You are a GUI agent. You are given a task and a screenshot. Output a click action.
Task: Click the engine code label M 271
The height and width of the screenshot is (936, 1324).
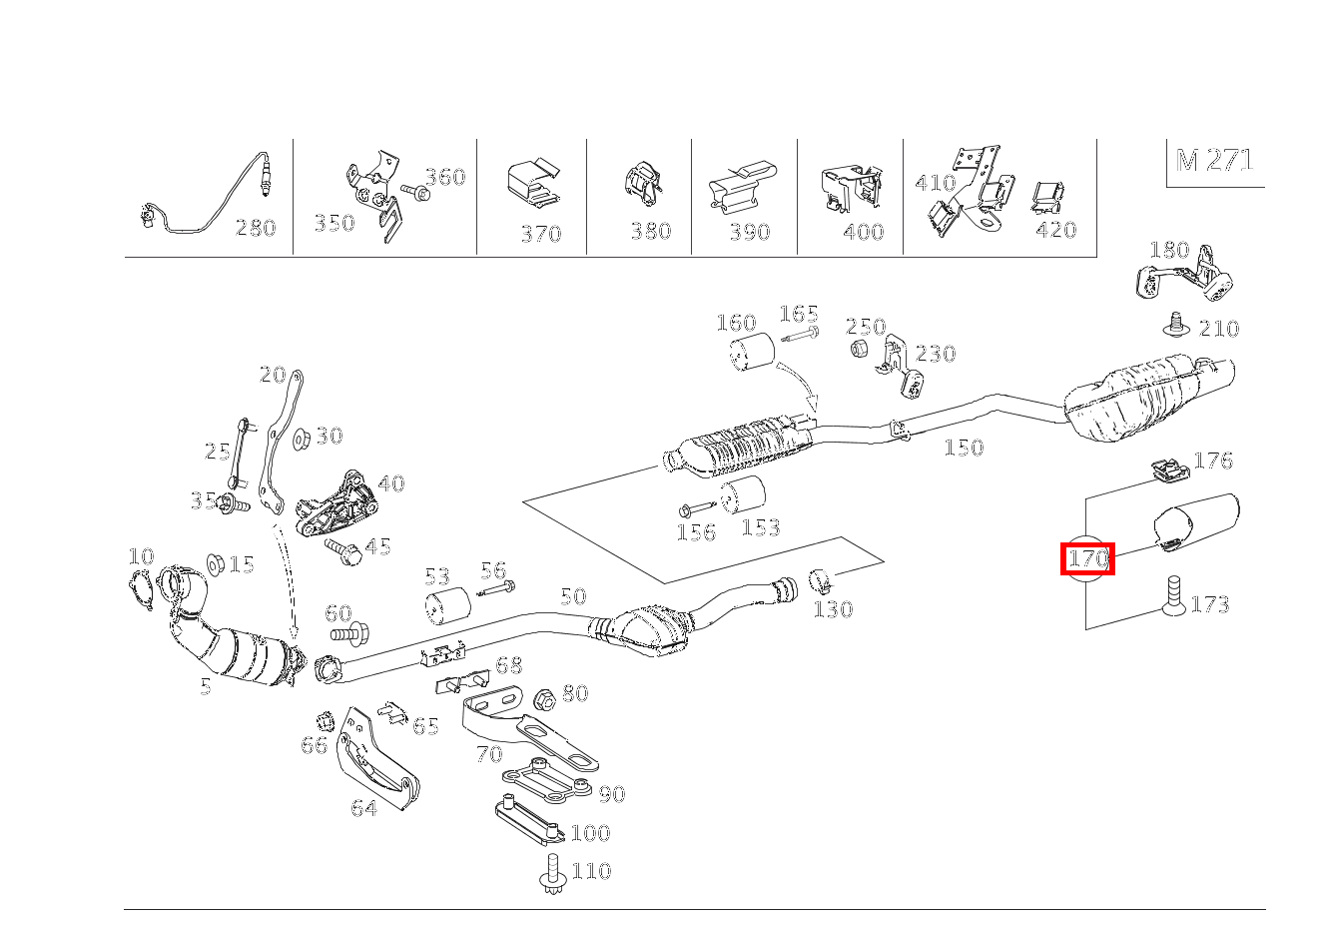point(1214,160)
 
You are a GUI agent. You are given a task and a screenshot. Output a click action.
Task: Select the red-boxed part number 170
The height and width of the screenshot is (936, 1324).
point(1086,558)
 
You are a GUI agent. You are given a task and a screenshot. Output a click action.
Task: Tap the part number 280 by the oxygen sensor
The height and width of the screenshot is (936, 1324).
point(255,228)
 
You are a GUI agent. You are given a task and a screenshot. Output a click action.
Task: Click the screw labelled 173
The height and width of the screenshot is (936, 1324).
point(1174,595)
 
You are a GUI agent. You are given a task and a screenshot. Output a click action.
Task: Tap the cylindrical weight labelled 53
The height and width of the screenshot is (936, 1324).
point(447,607)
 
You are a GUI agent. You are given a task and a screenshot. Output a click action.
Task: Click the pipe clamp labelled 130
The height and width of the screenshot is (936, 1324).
point(821,580)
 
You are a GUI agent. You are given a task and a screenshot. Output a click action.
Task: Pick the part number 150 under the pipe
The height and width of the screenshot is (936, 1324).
point(964,448)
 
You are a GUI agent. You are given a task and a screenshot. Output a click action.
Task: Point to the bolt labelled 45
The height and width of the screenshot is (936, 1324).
point(340,549)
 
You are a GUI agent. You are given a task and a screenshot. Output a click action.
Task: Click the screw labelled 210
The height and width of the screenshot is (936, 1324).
point(1177,324)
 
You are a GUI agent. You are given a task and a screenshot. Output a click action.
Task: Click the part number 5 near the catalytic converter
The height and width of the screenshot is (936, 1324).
point(205,686)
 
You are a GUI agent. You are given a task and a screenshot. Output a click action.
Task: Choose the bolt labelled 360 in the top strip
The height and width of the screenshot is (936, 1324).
point(414,191)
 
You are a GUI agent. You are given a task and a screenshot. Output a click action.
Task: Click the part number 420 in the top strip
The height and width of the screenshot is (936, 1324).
point(1055,230)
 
